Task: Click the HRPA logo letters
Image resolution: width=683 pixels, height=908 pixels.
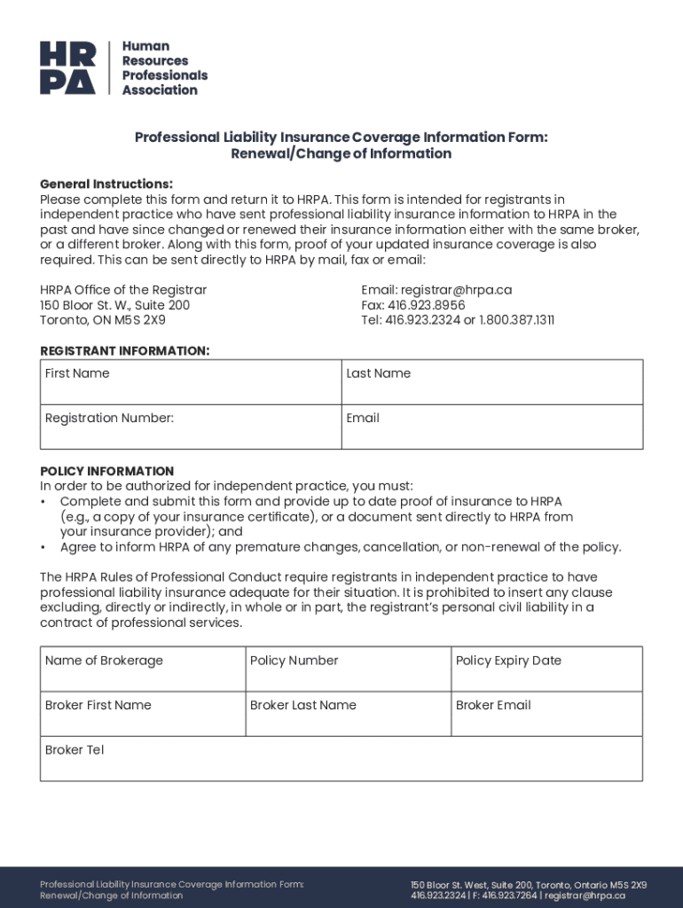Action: tap(67, 67)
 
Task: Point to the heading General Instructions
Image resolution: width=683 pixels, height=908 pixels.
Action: tap(106, 184)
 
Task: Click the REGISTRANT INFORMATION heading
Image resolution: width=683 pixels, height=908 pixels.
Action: tap(125, 351)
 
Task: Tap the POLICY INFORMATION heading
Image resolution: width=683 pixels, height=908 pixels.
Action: tap(107, 471)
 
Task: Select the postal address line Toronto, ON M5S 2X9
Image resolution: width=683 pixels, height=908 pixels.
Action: tap(103, 320)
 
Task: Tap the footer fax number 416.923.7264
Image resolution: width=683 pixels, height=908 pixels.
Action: tap(510, 896)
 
